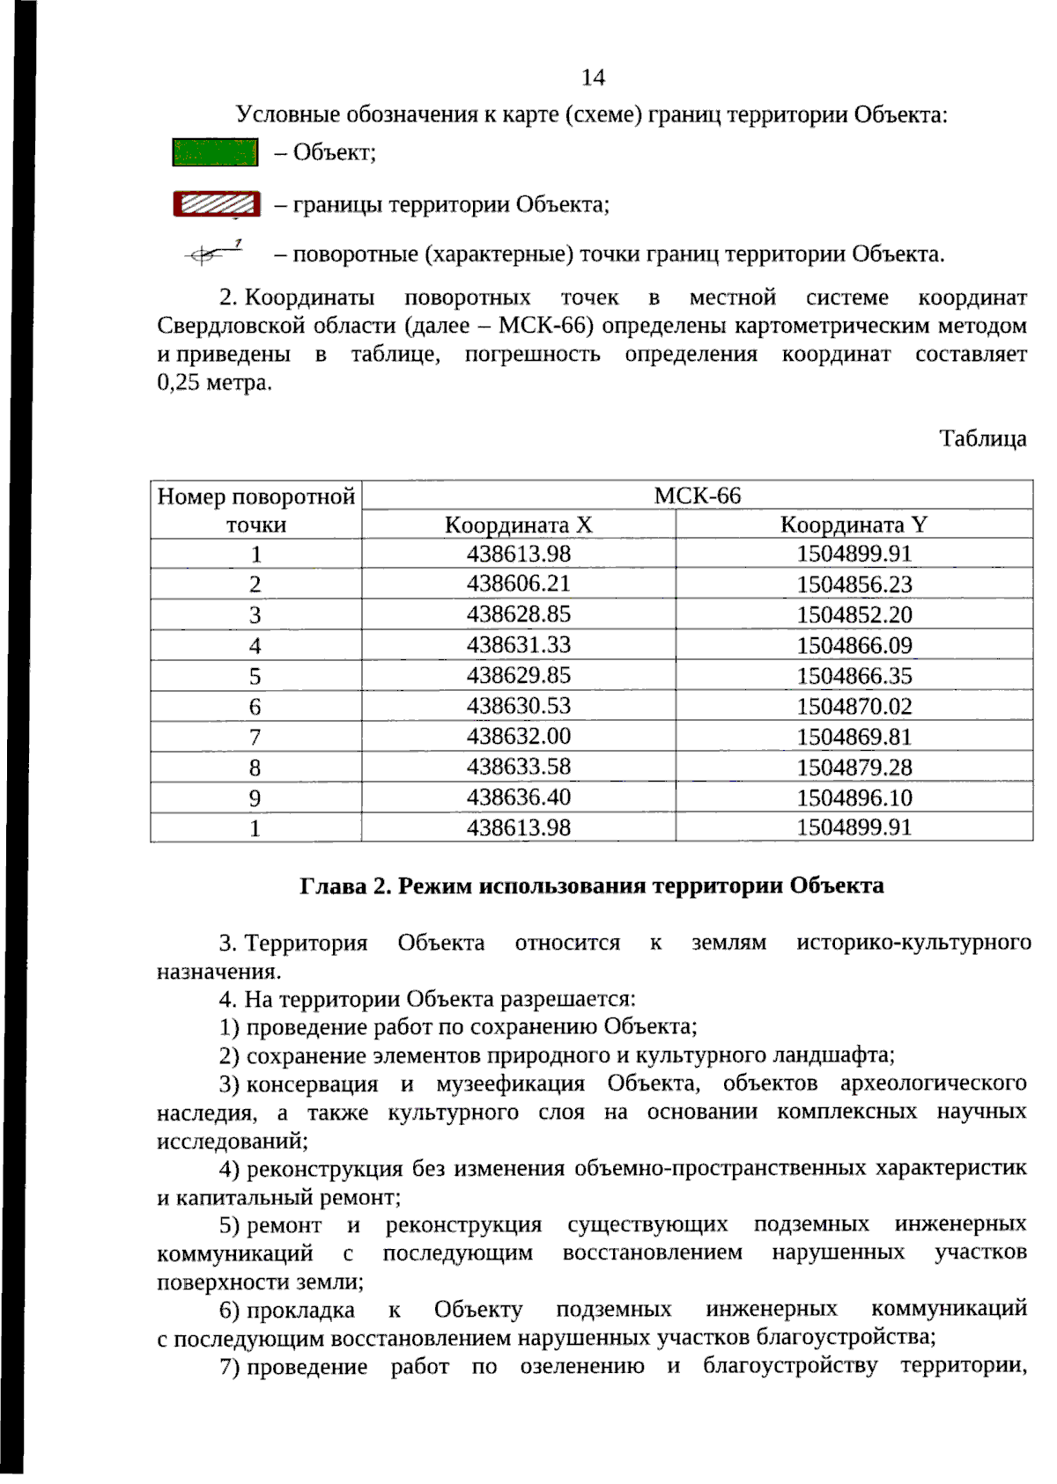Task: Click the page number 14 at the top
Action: tap(593, 77)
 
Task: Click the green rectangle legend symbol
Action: tap(215, 152)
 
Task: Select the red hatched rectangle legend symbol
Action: tap(217, 204)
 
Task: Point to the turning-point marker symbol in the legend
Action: tap(211, 254)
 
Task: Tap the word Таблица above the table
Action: tap(982, 438)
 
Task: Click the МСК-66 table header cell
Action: tap(697, 496)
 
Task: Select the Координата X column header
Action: tap(518, 525)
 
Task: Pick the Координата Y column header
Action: tap(854, 525)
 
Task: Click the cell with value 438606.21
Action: tap(518, 584)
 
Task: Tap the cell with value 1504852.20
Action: tap(854, 614)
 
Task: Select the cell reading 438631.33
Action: tap(518, 645)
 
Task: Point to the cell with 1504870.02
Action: tap(854, 706)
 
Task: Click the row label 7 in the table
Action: tap(255, 738)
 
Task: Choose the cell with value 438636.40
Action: tap(518, 797)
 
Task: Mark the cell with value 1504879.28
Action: tap(854, 768)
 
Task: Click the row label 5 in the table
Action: tap(255, 676)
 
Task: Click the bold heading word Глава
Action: tap(332, 886)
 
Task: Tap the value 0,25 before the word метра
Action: tap(179, 383)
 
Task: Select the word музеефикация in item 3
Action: tap(510, 1084)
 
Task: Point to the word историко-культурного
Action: tap(913, 943)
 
